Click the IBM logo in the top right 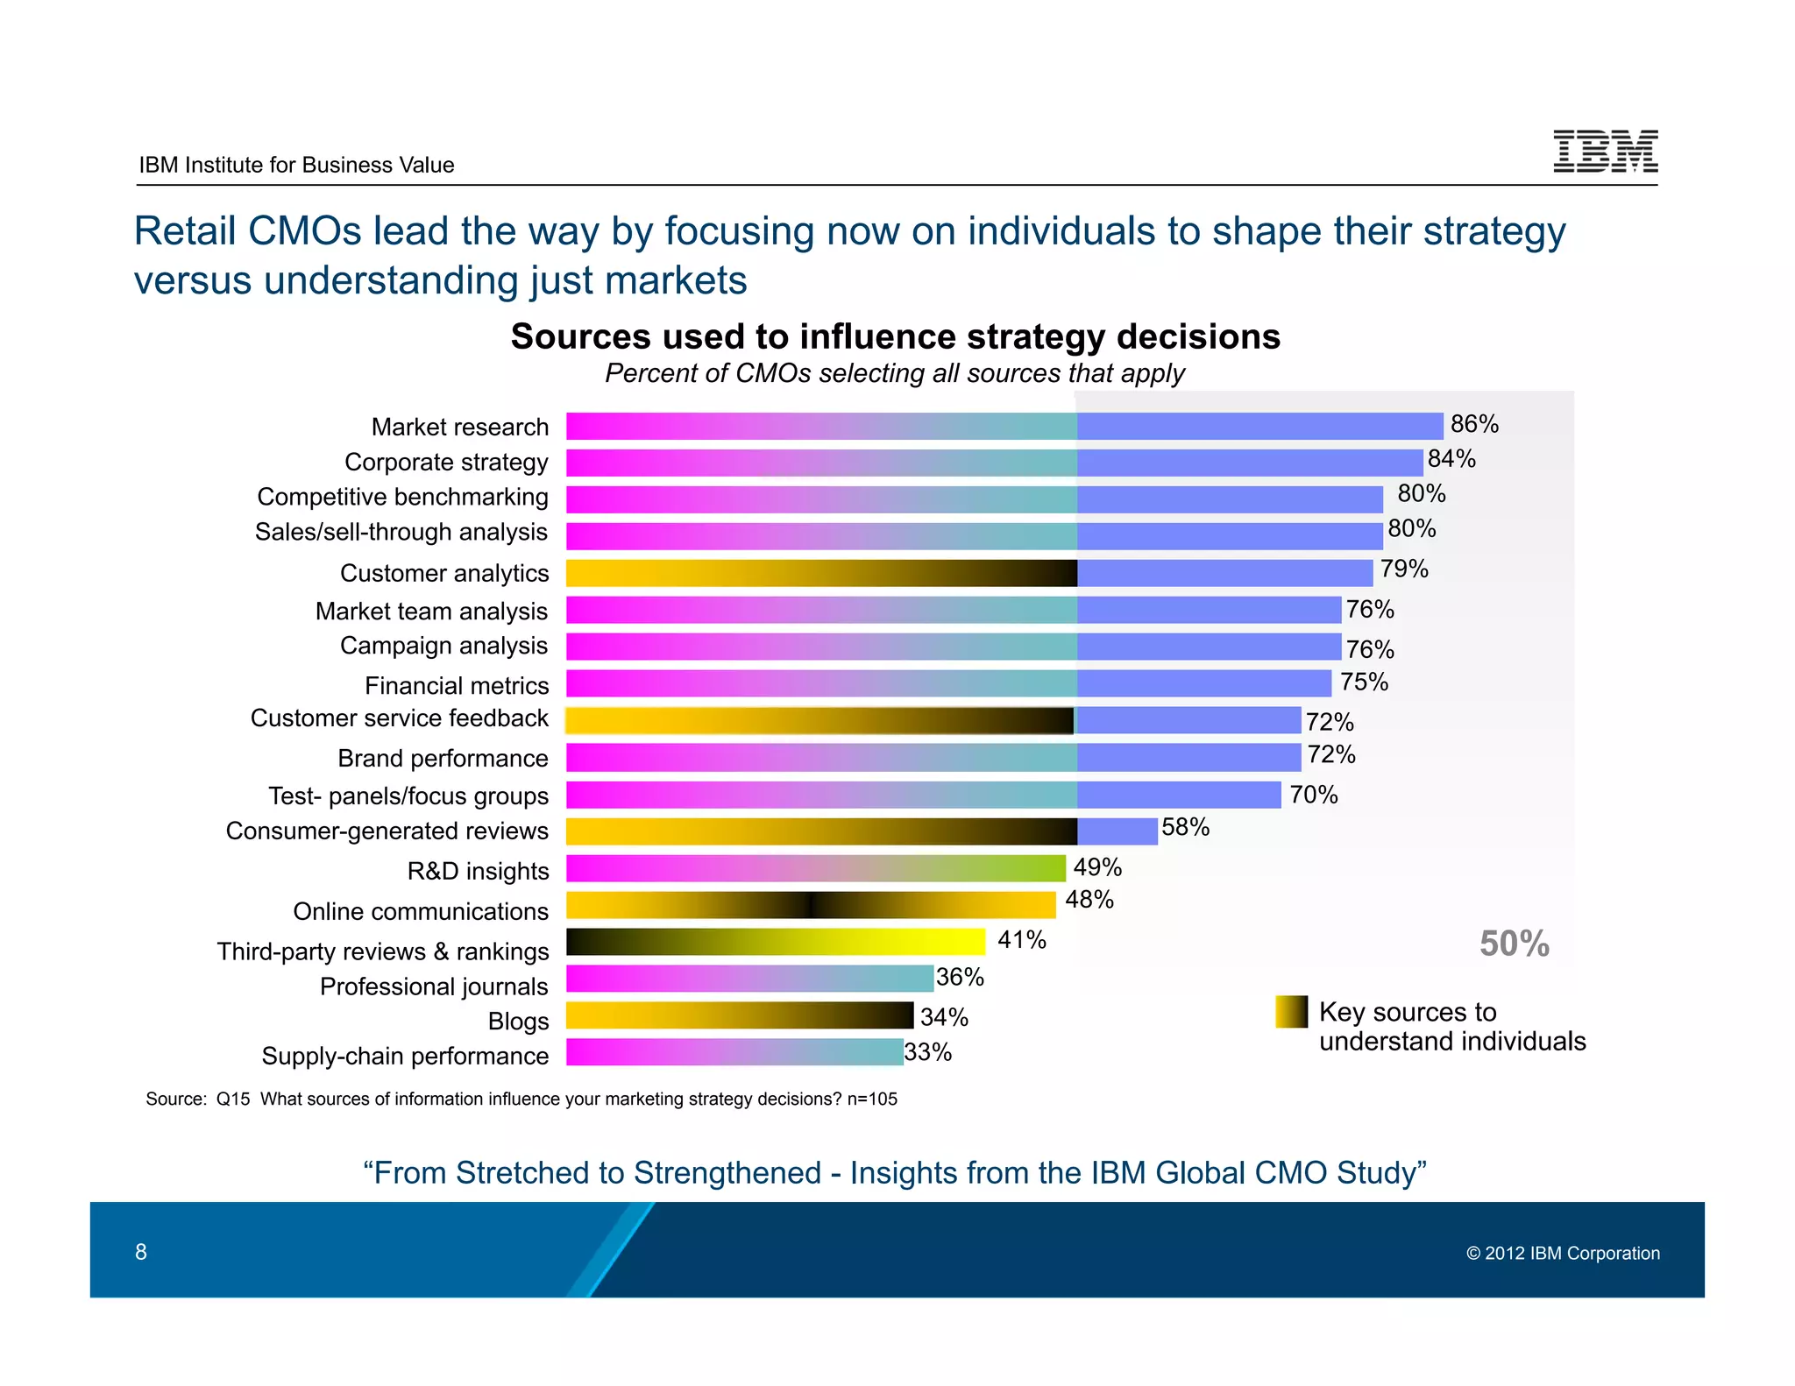[x=1605, y=151]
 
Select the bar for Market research [x=1004, y=427]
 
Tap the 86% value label [x=1474, y=424]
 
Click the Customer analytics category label [x=443, y=573]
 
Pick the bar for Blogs [x=739, y=1015]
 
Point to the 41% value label [x=1022, y=940]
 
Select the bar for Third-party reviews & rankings [x=776, y=942]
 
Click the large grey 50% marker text [x=1514, y=944]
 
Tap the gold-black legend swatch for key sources [x=1291, y=1011]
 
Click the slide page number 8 [x=141, y=1252]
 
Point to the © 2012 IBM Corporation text [x=1563, y=1254]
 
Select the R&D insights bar [x=815, y=868]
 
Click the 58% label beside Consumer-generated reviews [x=1185, y=827]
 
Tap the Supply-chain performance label [x=405, y=1056]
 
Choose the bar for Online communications [x=811, y=905]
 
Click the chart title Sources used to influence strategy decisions [x=895, y=336]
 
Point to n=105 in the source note [x=872, y=1099]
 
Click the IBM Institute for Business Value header [x=296, y=165]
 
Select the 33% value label [x=927, y=1052]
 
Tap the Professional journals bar [x=749, y=979]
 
